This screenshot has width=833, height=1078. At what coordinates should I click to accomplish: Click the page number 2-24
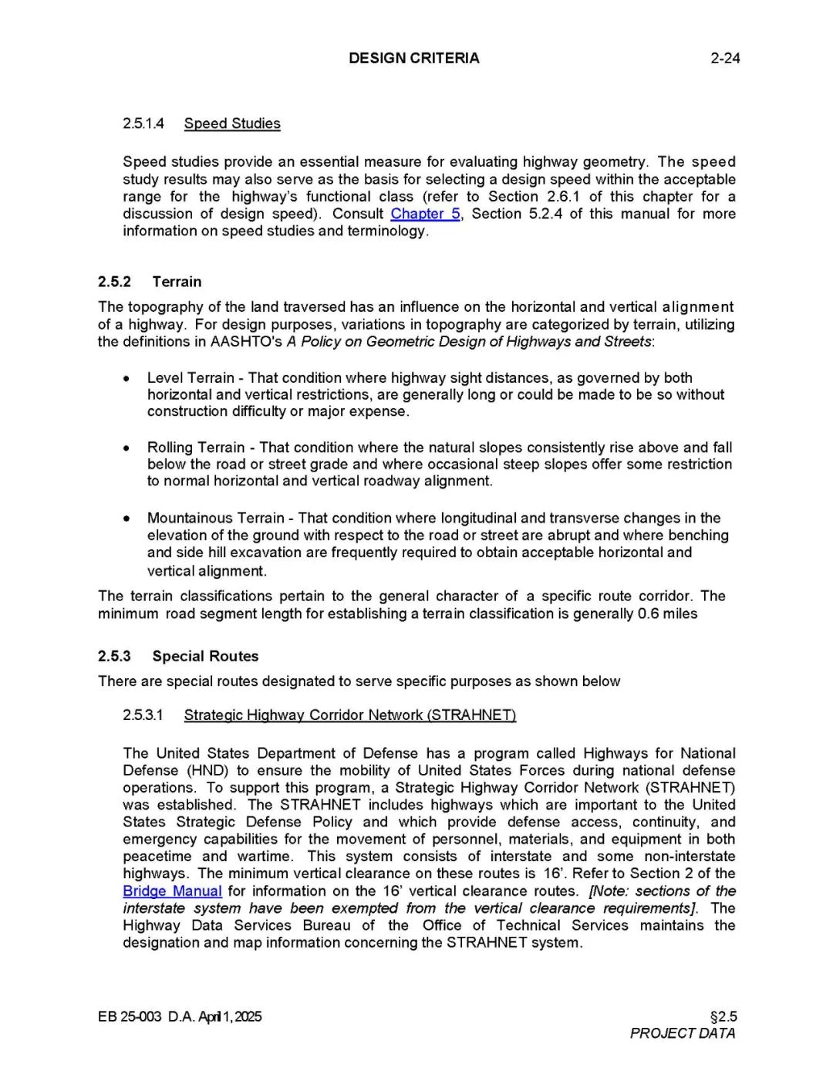coord(725,58)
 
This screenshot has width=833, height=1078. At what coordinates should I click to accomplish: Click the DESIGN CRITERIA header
coord(413,58)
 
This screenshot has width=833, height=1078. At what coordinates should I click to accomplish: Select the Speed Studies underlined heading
coord(232,123)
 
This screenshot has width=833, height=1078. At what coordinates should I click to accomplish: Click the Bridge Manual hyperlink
coord(172,891)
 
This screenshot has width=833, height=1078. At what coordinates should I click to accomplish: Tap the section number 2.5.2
coord(114,282)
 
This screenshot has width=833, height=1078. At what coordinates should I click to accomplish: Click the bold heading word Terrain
coord(177,282)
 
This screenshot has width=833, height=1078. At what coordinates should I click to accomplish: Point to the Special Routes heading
coord(205,656)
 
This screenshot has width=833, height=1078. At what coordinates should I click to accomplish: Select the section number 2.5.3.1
coord(143,715)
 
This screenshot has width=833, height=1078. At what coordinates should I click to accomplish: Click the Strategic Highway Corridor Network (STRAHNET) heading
coord(349,715)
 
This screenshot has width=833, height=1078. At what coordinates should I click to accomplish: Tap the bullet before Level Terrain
coord(126,378)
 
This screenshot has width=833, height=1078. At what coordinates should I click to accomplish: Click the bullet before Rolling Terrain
coord(126,448)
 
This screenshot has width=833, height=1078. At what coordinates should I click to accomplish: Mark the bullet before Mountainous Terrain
coord(126,519)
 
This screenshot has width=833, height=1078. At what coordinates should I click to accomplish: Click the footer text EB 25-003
coord(130,1016)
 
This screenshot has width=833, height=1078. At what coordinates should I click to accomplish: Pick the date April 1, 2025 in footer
coord(230,1016)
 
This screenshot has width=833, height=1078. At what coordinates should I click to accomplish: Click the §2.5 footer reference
coord(723,1016)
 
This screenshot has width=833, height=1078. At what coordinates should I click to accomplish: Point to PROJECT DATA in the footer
coord(682,1033)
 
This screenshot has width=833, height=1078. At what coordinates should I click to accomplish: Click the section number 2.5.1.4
coord(143,123)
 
